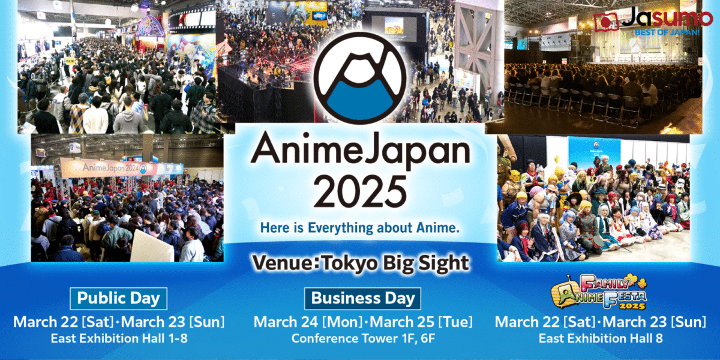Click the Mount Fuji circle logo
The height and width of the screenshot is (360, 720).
pos(359,78)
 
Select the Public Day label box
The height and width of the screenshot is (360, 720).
pos(118,298)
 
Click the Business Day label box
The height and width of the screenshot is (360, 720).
pos(362,298)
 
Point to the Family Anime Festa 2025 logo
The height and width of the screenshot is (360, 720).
pos(599,292)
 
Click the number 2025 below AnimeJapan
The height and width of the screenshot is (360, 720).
pos(360,193)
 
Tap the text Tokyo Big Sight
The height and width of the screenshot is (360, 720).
pos(395,263)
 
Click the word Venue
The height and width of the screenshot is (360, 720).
pos(284,262)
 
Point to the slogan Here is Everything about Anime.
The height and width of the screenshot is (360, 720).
pos(359,227)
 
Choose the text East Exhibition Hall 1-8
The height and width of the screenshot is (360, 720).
pos(119,338)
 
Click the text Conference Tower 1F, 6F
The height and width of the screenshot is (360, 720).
pos(363,338)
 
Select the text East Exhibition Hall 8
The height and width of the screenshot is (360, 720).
pos(601,338)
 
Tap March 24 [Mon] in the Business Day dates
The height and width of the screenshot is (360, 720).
pos(308,322)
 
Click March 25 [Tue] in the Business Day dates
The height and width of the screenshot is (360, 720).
pos(421,322)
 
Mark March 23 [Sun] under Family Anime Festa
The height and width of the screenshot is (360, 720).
pos(655,322)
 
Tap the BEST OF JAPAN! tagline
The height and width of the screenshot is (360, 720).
pos(667,32)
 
